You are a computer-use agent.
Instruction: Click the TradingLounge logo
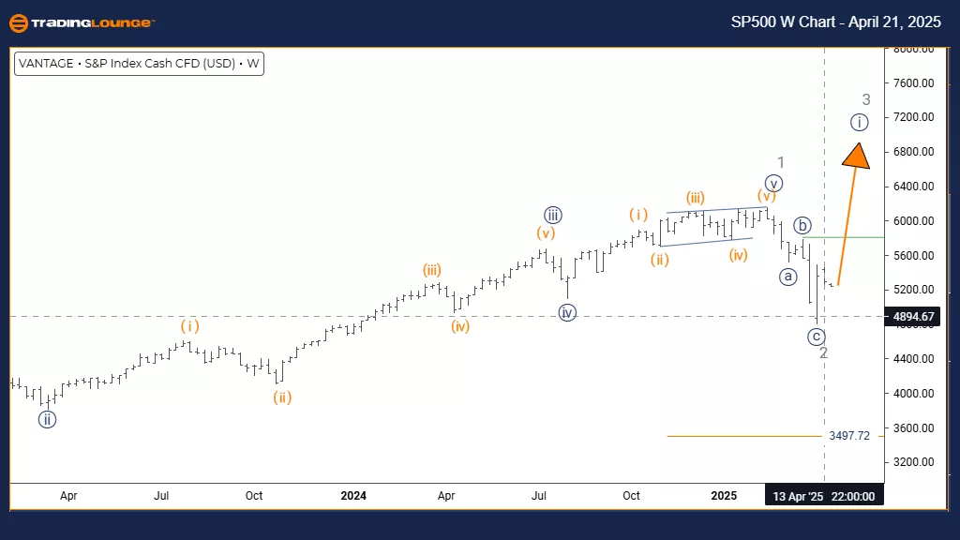(81, 22)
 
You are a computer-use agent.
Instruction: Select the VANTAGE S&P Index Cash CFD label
(138, 65)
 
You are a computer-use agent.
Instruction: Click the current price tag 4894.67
(914, 317)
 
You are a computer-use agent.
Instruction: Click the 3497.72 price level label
(849, 436)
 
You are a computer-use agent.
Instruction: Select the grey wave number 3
(866, 99)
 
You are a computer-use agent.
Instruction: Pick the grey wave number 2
(823, 353)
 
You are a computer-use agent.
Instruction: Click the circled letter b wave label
(802, 225)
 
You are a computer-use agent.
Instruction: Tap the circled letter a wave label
(788, 277)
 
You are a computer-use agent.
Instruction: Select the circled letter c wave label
(817, 337)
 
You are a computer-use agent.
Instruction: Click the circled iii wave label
(552, 214)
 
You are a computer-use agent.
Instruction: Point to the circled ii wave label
(47, 419)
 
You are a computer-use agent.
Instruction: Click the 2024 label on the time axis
(353, 495)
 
